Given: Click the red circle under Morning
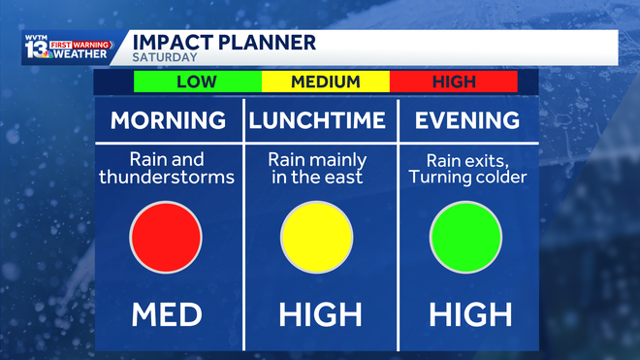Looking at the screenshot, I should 166,237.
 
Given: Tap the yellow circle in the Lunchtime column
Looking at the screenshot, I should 317,237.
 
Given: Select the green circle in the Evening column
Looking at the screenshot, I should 465,237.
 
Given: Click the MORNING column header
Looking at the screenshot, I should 168,121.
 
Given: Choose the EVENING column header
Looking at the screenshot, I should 466,121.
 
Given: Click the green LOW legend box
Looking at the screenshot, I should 197,82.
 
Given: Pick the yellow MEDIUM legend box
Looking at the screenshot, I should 325,82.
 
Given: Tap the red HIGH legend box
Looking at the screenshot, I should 453,82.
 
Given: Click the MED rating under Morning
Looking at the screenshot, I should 168,314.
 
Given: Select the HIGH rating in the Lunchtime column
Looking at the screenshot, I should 319,314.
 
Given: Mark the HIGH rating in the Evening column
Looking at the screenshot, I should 469,314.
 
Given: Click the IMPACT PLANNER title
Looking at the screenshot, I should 223,42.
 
